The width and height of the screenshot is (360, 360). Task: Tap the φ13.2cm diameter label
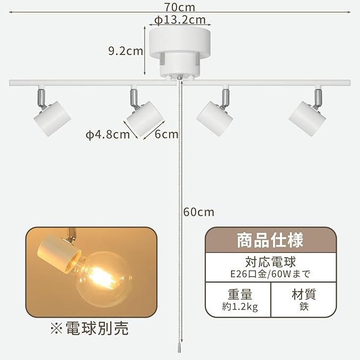(180, 20)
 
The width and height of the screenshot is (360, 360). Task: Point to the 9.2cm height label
(126, 51)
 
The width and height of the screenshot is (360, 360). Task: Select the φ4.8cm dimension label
(108, 134)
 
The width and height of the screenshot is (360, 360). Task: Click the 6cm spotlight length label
(166, 134)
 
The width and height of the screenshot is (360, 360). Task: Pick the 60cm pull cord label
(199, 212)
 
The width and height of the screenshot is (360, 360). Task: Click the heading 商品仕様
(270, 240)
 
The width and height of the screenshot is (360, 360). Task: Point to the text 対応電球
(270, 262)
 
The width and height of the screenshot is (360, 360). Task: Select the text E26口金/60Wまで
(270, 274)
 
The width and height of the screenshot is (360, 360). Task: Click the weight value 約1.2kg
(238, 307)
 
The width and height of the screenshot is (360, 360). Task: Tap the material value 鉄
(303, 307)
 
